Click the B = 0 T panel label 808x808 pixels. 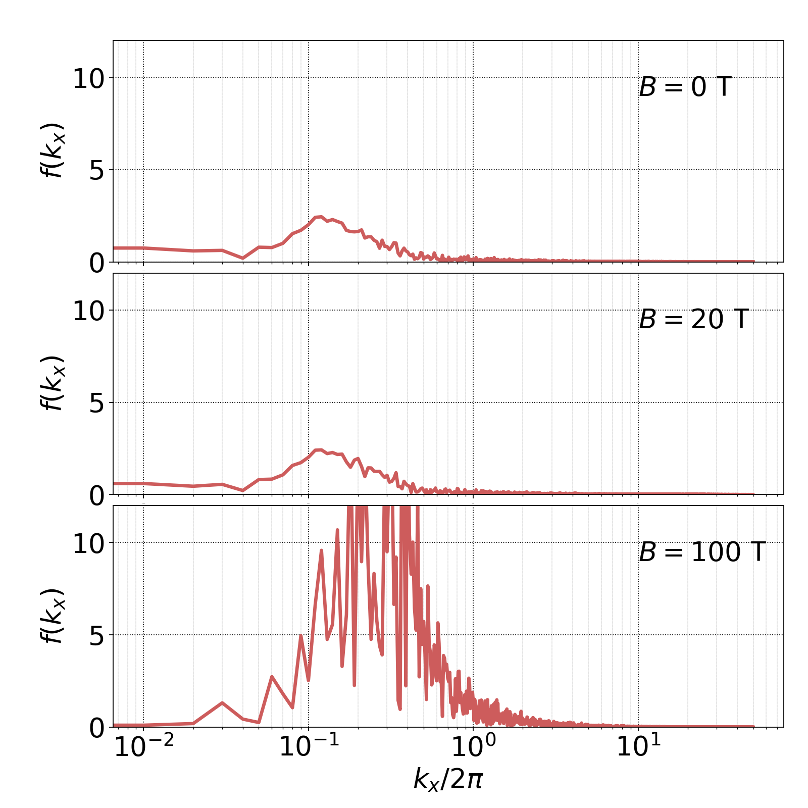(x=685, y=87)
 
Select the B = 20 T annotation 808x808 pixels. (x=693, y=320)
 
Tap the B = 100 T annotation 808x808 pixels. (x=702, y=552)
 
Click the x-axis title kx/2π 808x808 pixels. (x=448, y=778)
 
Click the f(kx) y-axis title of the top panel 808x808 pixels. (x=53, y=150)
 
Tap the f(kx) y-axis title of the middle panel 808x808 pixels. (x=53, y=383)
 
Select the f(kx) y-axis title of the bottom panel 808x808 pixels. (x=53, y=616)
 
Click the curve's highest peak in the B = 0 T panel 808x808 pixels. (x=321, y=217)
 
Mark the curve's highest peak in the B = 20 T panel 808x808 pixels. (x=321, y=449)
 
